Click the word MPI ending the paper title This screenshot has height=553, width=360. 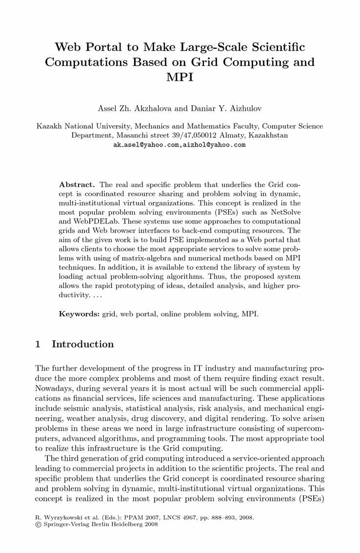point(180,77)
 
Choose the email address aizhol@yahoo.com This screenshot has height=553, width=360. point(214,145)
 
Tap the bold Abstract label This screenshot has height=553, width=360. point(77,185)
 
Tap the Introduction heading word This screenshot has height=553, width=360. point(82,345)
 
